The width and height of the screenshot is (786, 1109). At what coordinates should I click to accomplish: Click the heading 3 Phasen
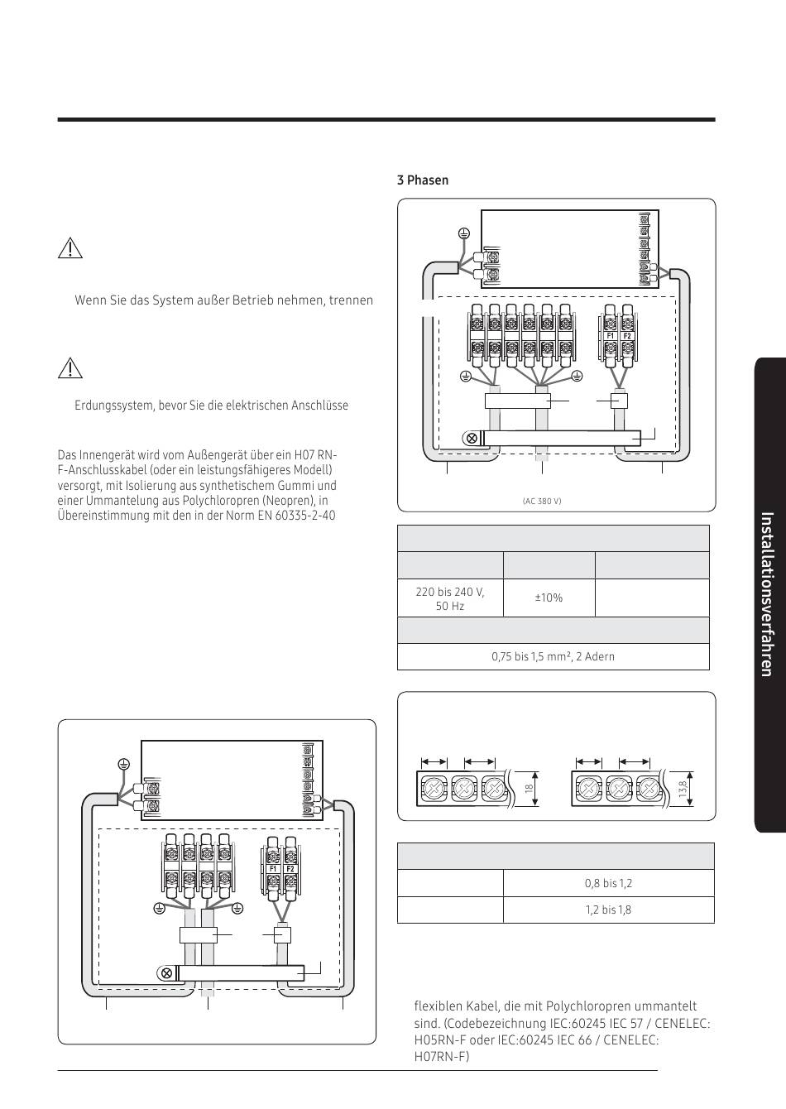coord(422,180)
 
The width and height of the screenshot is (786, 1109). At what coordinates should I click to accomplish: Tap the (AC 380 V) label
coord(541,502)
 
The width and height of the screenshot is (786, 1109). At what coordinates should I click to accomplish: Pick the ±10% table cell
coord(549,598)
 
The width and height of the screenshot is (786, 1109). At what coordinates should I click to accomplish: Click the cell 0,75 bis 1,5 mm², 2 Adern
coord(554,656)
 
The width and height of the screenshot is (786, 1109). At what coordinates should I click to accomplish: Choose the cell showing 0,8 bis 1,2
coord(608,883)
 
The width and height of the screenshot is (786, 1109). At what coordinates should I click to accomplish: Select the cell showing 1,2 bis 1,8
coord(608,910)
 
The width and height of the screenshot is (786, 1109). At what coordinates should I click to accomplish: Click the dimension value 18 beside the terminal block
coord(528,789)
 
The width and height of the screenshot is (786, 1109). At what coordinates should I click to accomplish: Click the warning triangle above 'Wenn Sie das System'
coord(71,248)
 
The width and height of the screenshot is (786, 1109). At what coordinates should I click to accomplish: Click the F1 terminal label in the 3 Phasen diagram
coord(611,336)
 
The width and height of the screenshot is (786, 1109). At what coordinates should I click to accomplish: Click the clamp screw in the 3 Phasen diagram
coord(472,438)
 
